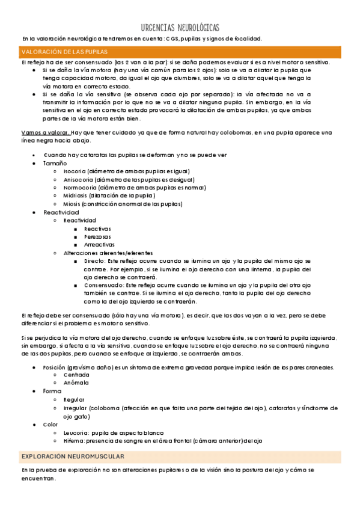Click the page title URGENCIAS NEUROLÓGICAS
pyautogui.click(x=180, y=28)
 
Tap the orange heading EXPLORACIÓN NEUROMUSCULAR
pyautogui.click(x=72, y=456)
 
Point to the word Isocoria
pyautogui.click(x=74, y=171)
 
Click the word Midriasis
pyautogui.click(x=75, y=195)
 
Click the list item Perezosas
pyautogui.click(x=97, y=236)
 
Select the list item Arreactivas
pyautogui.click(x=99, y=245)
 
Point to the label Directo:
pyautogui.click(x=95, y=261)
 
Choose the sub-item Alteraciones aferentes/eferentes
pyautogui.click(x=108, y=253)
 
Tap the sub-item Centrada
pyautogui.click(x=76, y=375)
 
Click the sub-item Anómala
pyautogui.click(x=76, y=382)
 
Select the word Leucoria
pyautogui.click(x=76, y=432)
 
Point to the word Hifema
pyautogui.click(x=74, y=441)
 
